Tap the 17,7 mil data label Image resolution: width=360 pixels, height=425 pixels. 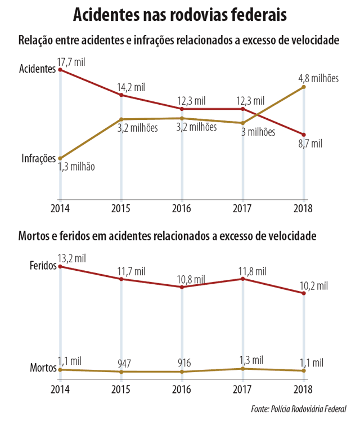[73, 60]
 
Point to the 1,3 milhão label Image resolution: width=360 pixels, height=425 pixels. [76, 167]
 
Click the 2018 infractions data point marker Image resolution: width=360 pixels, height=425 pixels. [304, 87]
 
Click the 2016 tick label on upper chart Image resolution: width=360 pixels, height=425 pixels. [182, 208]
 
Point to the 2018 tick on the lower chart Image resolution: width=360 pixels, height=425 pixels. [304, 389]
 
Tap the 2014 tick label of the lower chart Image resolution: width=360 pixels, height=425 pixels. [60, 389]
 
